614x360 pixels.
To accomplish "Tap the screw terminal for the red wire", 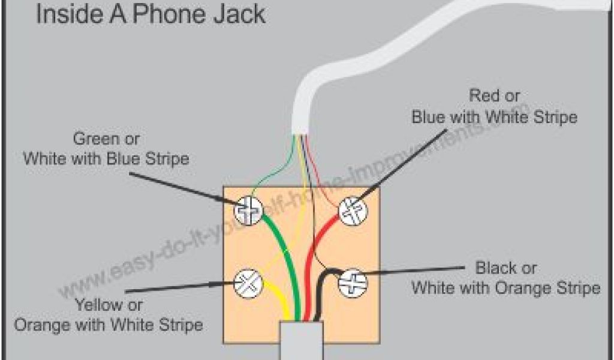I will (352, 211).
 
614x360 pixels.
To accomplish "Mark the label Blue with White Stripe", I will (494, 116).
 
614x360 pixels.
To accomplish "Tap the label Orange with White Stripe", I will (108, 325).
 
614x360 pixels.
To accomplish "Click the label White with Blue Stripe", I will (106, 160).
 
